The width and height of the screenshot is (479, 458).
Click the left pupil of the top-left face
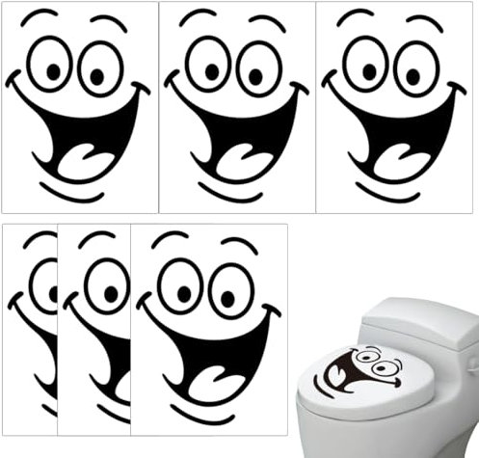53,70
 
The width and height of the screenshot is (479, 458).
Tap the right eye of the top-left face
100,67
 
